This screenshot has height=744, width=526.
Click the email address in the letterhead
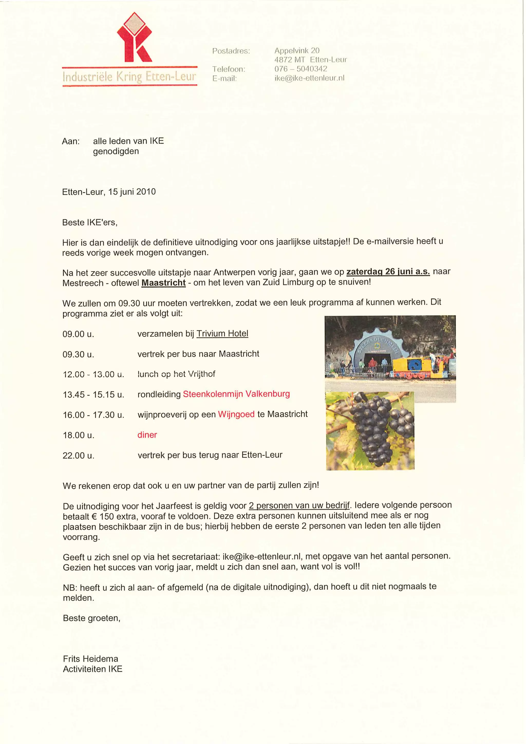point(309,78)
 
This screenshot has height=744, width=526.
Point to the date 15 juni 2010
point(132,192)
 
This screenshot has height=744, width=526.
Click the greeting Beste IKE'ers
point(90,223)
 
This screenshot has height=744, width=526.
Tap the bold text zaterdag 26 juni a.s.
point(388,271)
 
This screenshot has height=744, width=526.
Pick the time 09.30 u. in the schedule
point(78,354)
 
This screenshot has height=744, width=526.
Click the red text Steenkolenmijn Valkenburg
point(236,394)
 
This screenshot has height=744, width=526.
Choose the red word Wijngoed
point(236,414)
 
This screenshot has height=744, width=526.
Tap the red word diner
point(147,435)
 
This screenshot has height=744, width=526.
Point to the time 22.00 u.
point(78,456)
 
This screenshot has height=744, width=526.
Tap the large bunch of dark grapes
point(373,428)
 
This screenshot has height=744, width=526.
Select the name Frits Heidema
point(91,659)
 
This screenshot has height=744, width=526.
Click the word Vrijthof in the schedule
point(202,374)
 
